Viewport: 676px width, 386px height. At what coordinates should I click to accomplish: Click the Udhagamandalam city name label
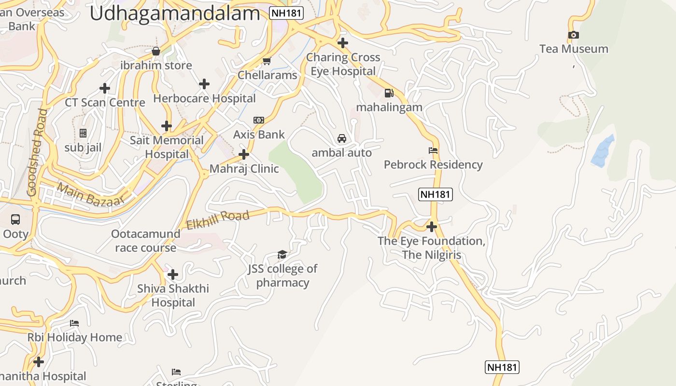pyautogui.click(x=175, y=13)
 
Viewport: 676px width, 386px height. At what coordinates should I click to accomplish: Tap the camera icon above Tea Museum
pyautogui.click(x=574, y=35)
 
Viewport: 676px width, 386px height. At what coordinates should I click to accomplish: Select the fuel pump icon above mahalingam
pyautogui.click(x=389, y=93)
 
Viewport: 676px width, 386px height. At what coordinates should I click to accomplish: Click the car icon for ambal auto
pyautogui.click(x=342, y=138)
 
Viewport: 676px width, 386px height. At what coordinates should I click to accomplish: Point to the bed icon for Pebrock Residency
pyautogui.click(x=433, y=151)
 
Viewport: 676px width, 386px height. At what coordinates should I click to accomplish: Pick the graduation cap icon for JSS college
pyautogui.click(x=282, y=254)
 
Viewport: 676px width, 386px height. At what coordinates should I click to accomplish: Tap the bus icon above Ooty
pyautogui.click(x=15, y=220)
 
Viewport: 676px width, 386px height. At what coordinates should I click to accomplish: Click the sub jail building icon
pyautogui.click(x=83, y=133)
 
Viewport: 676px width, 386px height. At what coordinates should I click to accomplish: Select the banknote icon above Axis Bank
pyautogui.click(x=259, y=120)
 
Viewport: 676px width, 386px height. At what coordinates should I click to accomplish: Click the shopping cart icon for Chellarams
pyautogui.click(x=266, y=61)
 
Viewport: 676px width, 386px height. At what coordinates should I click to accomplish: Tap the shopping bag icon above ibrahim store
pyautogui.click(x=156, y=51)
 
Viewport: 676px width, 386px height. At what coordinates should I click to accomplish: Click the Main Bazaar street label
pyautogui.click(x=90, y=194)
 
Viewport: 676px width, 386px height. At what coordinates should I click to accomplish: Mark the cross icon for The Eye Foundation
pyautogui.click(x=432, y=226)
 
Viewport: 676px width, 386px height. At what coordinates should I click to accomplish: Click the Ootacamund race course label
pyautogui.click(x=145, y=241)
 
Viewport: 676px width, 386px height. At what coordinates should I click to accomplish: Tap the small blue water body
pyautogui.click(x=602, y=151)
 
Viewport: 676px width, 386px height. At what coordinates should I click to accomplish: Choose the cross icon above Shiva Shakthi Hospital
pyautogui.click(x=173, y=275)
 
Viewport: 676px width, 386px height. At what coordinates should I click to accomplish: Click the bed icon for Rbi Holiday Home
pyautogui.click(x=74, y=323)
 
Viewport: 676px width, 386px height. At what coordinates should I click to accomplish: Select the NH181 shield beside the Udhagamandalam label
pyautogui.click(x=286, y=13)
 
